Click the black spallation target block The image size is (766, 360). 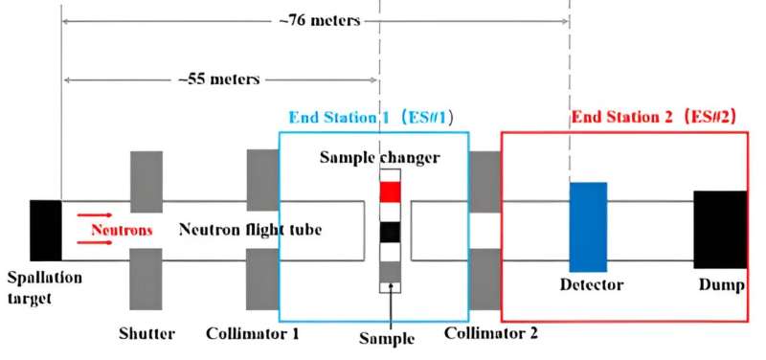[45, 230]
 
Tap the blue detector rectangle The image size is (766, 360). [588, 226]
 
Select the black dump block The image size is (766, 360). [719, 230]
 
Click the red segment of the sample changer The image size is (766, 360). [390, 191]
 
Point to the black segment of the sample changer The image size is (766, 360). [390, 232]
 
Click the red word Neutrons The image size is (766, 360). [123, 231]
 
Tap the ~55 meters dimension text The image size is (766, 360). [219, 80]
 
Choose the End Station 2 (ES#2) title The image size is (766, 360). [652, 119]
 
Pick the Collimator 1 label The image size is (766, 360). [253, 334]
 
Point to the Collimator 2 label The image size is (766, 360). [491, 334]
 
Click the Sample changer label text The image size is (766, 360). [379, 157]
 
